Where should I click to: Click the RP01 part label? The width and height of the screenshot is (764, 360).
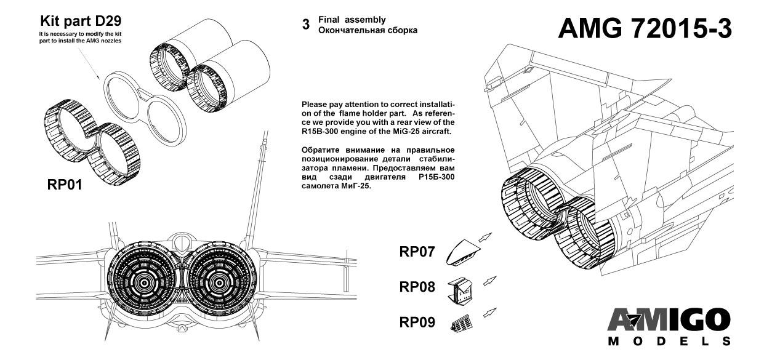pos(65,185)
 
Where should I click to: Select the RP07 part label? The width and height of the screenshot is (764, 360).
pos(417,252)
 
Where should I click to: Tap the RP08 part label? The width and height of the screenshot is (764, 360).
pos(417,287)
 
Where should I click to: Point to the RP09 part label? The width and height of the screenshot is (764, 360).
pos(417,322)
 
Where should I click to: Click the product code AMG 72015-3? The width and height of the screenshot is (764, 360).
pos(645,29)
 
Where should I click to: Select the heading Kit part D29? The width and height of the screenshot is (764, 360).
pos(81,21)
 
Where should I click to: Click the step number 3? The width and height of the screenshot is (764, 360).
pos(306,25)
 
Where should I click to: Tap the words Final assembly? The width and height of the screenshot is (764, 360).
pos(352,20)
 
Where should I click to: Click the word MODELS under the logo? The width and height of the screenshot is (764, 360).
pos(669,342)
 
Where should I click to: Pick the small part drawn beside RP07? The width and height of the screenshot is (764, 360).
pos(462,252)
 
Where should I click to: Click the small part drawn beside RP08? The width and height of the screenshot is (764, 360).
pos(460,291)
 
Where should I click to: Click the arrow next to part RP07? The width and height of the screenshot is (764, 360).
pos(485,238)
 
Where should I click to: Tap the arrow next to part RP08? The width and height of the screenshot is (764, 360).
pos(490,281)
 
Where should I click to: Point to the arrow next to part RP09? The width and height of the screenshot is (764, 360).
pos(490,313)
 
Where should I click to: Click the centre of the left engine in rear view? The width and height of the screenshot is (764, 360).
pos(144,282)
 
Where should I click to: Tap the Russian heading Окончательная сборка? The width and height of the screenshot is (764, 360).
pos(368,30)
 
